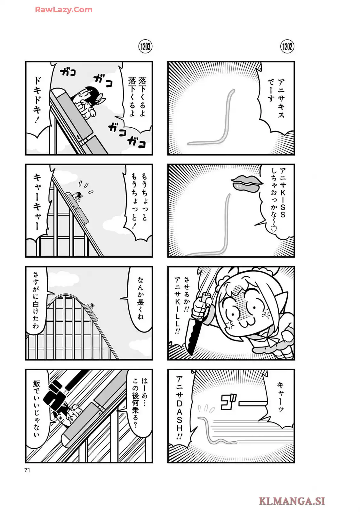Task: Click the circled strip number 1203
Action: [145, 47]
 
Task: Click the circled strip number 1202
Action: [287, 47]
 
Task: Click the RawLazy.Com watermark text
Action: [64, 10]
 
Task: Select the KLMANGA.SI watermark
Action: [292, 501]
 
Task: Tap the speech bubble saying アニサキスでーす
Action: [276, 98]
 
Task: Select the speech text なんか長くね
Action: [140, 298]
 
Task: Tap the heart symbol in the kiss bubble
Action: [274, 229]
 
